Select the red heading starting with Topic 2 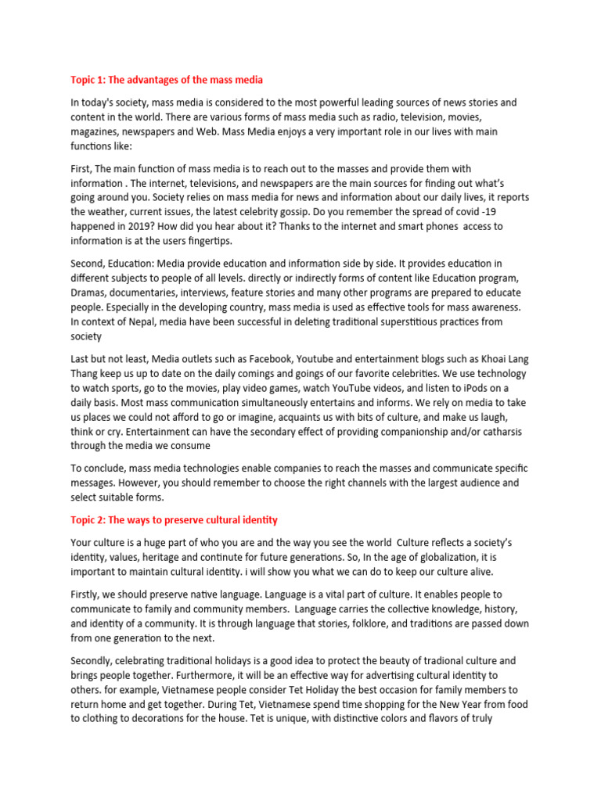[174, 520]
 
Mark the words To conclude [99, 469]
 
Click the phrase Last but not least [113, 359]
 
